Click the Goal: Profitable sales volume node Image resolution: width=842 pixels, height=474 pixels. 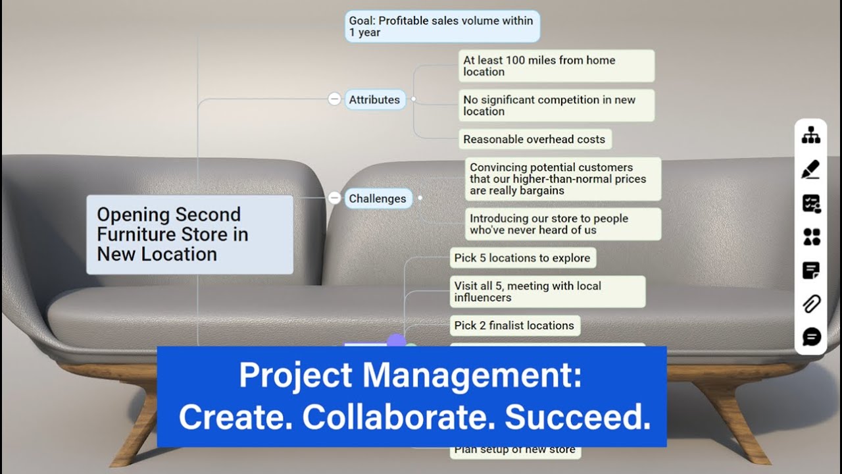click(441, 26)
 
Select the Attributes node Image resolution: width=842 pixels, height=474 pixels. click(374, 99)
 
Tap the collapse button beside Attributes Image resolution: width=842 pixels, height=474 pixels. click(334, 99)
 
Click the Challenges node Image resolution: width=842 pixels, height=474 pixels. click(378, 198)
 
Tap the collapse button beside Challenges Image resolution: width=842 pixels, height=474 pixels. click(334, 198)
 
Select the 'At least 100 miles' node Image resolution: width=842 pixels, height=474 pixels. click(556, 66)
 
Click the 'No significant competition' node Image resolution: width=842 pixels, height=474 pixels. click(556, 105)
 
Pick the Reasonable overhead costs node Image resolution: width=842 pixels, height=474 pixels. click(534, 139)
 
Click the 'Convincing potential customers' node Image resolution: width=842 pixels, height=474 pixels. click(562, 179)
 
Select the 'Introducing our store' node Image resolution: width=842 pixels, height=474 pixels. click(562, 224)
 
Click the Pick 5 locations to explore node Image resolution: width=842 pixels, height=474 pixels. click(522, 257)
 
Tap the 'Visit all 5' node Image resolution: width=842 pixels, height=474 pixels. click(547, 292)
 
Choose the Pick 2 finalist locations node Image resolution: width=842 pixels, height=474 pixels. click(514, 325)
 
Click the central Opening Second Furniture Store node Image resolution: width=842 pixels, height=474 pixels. click(189, 234)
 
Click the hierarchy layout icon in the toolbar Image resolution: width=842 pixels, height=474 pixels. click(811, 135)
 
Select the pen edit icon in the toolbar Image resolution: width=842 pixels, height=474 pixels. click(811, 169)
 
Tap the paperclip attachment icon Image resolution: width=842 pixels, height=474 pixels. click(811, 304)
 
